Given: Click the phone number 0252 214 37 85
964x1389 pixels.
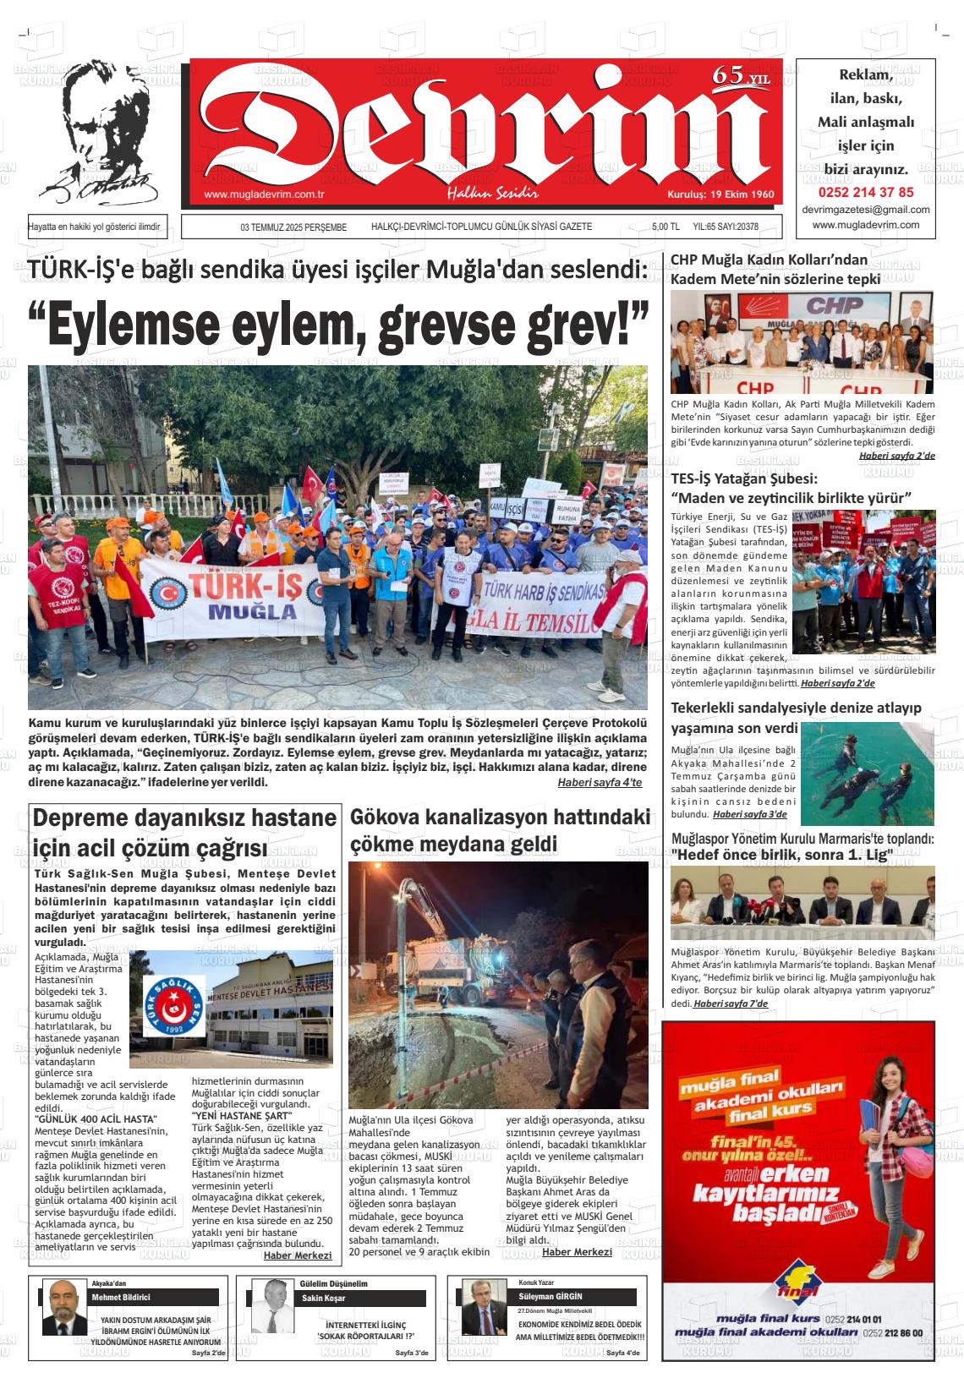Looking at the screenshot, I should tap(865, 192).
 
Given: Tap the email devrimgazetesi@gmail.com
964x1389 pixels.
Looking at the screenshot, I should tap(865, 210).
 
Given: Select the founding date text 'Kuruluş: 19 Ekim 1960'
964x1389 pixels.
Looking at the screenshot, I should tap(720, 194).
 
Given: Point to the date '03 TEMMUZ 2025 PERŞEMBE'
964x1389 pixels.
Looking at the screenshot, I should tap(293, 227).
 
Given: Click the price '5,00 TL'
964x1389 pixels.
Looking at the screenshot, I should tap(665, 227).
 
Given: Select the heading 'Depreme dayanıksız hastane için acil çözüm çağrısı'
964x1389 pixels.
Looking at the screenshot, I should tap(184, 833).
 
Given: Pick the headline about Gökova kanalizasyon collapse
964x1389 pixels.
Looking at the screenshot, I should tap(499, 830).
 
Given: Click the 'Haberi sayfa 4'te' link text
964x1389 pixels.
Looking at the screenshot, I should tap(600, 782).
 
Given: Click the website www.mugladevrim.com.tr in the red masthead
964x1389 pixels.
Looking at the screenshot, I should tap(265, 195).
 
